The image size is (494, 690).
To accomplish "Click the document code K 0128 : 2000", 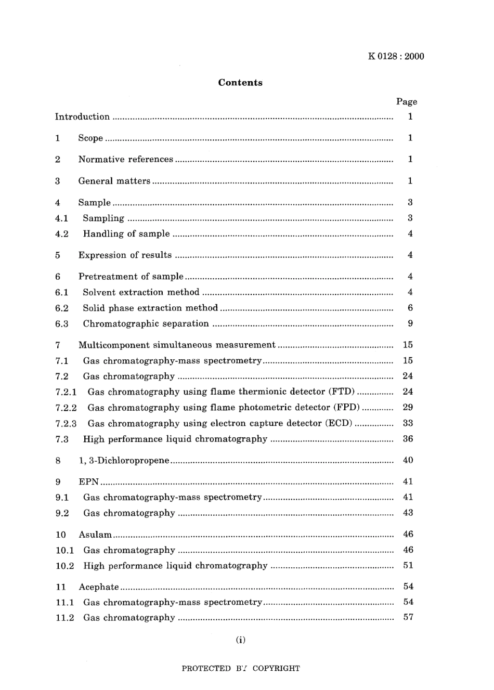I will [396, 57].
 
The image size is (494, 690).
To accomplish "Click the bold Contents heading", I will [240, 83].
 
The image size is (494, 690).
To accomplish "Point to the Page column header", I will [407, 102].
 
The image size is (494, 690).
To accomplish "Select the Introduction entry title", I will [82, 117].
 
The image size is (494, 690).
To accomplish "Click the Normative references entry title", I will [125, 160].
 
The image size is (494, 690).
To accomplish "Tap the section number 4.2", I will [62, 234].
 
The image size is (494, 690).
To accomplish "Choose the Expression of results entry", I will [125, 255].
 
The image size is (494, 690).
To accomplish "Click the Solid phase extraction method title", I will [150, 308].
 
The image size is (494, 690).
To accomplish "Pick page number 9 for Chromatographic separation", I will [410, 323].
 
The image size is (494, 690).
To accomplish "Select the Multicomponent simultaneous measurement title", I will [177, 345].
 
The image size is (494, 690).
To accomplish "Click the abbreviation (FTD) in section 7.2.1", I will [342, 392].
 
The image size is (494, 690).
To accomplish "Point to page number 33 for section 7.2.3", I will [408, 423].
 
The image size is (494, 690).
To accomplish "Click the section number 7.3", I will [62, 439].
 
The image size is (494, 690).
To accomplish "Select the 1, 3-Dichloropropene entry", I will [124, 461].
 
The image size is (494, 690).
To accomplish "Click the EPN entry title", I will [88, 482].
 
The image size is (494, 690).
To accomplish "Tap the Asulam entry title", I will [95, 535].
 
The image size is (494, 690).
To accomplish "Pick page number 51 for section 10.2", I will [408, 565].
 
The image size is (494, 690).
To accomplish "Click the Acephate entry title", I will [99, 587].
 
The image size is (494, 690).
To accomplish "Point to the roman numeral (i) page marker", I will [240, 640].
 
